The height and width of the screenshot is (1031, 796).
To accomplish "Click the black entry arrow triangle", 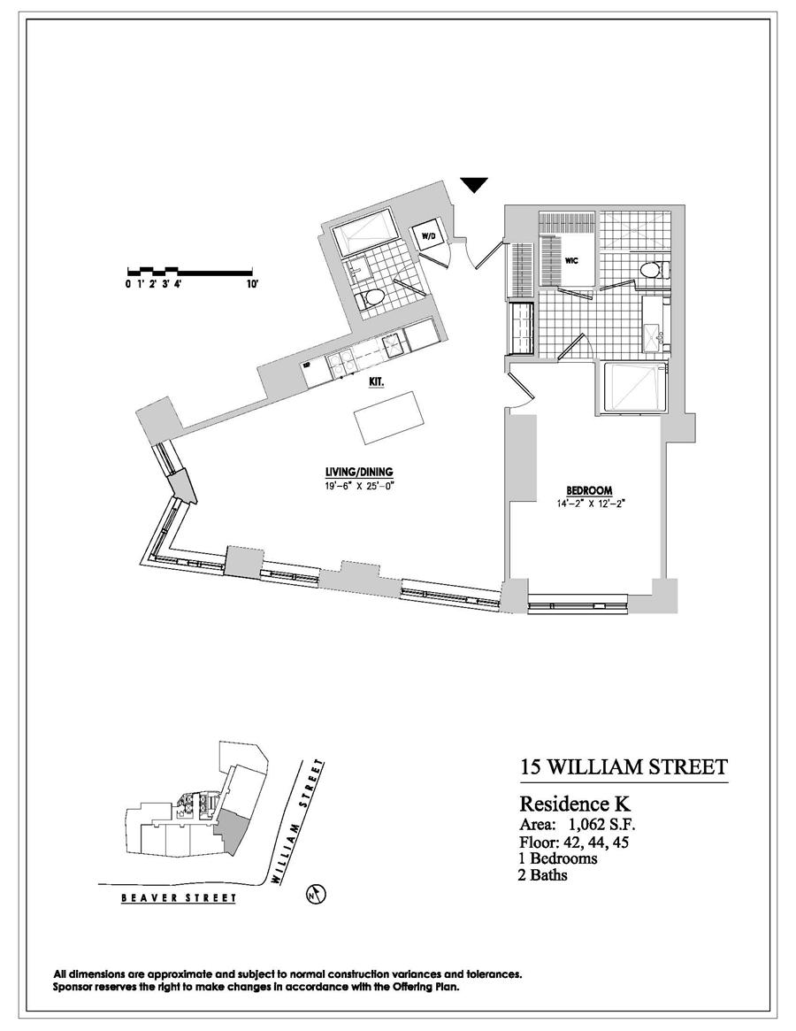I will (x=475, y=184).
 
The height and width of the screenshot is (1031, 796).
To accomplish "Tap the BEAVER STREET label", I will (x=180, y=898).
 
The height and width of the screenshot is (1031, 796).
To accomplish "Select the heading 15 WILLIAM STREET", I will (x=624, y=766).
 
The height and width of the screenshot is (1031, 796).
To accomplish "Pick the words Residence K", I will (x=575, y=805).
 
